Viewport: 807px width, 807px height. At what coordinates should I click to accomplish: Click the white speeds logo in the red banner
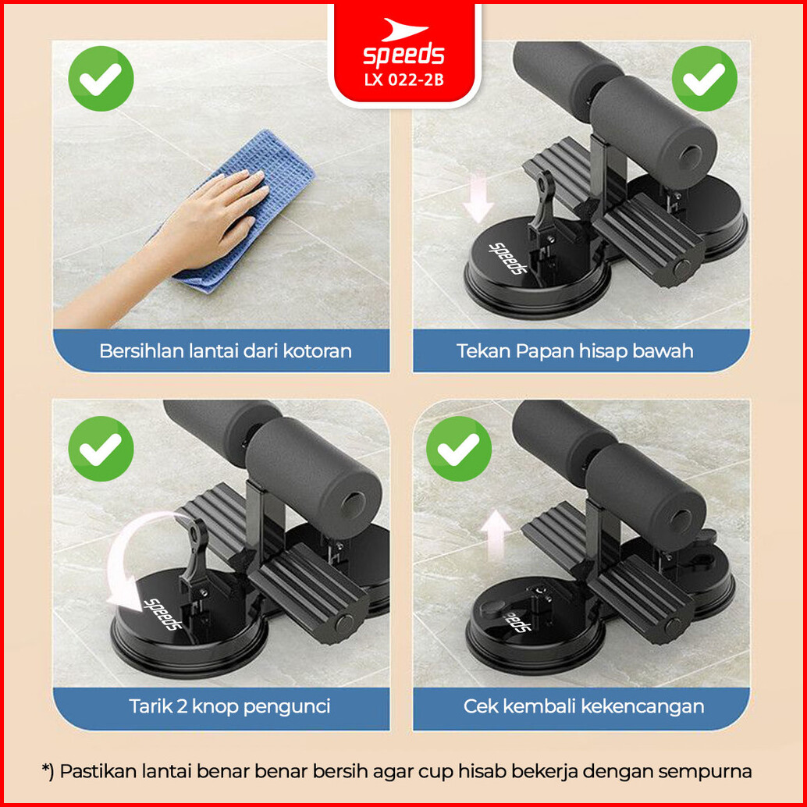(403, 43)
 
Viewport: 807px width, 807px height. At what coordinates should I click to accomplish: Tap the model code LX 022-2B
(403, 80)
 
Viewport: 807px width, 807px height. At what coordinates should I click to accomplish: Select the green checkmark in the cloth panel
(101, 78)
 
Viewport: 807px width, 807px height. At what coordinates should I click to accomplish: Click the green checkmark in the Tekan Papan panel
(704, 78)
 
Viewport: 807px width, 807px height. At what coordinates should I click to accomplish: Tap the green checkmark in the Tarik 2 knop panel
(101, 448)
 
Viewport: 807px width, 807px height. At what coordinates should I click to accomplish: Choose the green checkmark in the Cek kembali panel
(459, 448)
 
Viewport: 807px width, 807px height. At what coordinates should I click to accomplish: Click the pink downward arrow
(478, 198)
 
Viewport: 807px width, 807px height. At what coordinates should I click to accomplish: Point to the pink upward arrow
(496, 535)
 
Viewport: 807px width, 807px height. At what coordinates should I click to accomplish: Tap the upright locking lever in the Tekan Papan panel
(542, 203)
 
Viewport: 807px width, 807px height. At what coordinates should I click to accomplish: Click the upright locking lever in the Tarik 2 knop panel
(196, 551)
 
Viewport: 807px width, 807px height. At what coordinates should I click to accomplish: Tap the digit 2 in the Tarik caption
(181, 706)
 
